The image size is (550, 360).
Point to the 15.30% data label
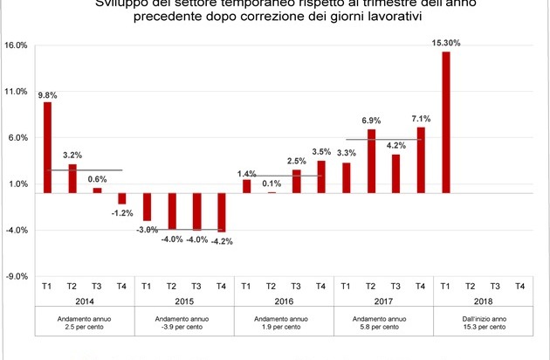tap(446, 42)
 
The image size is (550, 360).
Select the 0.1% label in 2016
tap(271, 183)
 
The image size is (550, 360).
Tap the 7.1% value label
tap(421, 118)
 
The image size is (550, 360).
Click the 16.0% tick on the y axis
tap(17, 45)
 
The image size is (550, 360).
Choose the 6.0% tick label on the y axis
tap(17, 138)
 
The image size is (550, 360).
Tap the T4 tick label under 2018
tap(520, 285)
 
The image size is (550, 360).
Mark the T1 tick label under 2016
tap(246, 285)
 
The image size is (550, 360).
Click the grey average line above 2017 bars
tap(383, 139)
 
